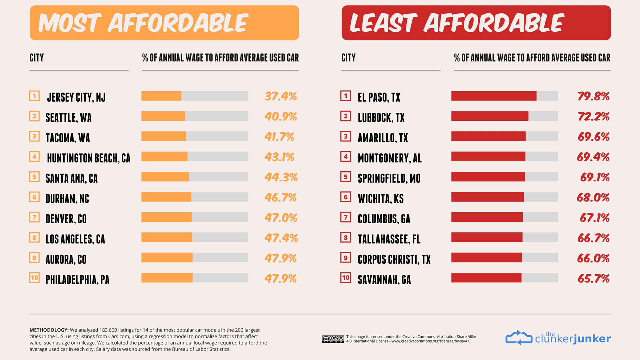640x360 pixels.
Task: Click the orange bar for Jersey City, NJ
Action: click(161, 96)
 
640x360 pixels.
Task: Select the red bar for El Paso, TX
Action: click(494, 96)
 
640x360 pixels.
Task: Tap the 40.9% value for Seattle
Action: click(280, 116)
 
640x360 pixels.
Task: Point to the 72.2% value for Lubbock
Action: click(593, 116)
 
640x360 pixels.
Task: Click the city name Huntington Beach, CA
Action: click(88, 158)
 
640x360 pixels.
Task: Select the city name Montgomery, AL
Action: click(389, 158)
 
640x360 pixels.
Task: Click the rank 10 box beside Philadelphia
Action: click(34, 278)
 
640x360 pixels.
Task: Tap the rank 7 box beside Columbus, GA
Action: click(346, 217)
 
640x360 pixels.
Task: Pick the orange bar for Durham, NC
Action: click(166, 197)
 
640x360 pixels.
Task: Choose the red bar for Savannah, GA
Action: click(486, 278)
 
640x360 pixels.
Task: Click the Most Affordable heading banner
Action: click(164, 23)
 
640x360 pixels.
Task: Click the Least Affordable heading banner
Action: click(476, 23)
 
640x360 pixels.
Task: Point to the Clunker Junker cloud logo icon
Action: click(519, 338)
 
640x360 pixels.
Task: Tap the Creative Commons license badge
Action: click(333, 339)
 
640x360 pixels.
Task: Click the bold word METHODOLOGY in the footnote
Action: click(49, 330)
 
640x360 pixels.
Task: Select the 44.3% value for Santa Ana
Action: click(281, 177)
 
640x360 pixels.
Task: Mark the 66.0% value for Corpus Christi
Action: click(593, 258)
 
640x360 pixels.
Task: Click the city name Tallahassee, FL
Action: click(389, 239)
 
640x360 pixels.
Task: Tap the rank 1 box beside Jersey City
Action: click(34, 96)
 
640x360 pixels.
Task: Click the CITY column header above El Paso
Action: click(348, 58)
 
